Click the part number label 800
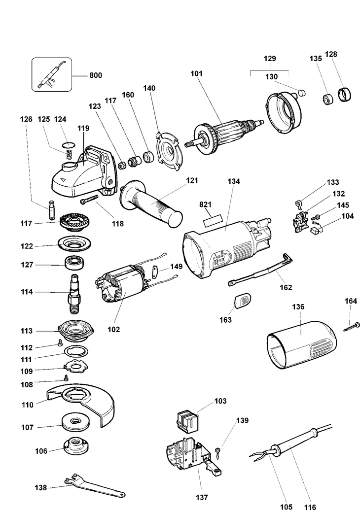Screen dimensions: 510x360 click(x=95, y=76)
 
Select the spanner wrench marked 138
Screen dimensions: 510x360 click(x=94, y=485)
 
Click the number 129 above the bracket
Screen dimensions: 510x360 click(x=269, y=59)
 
